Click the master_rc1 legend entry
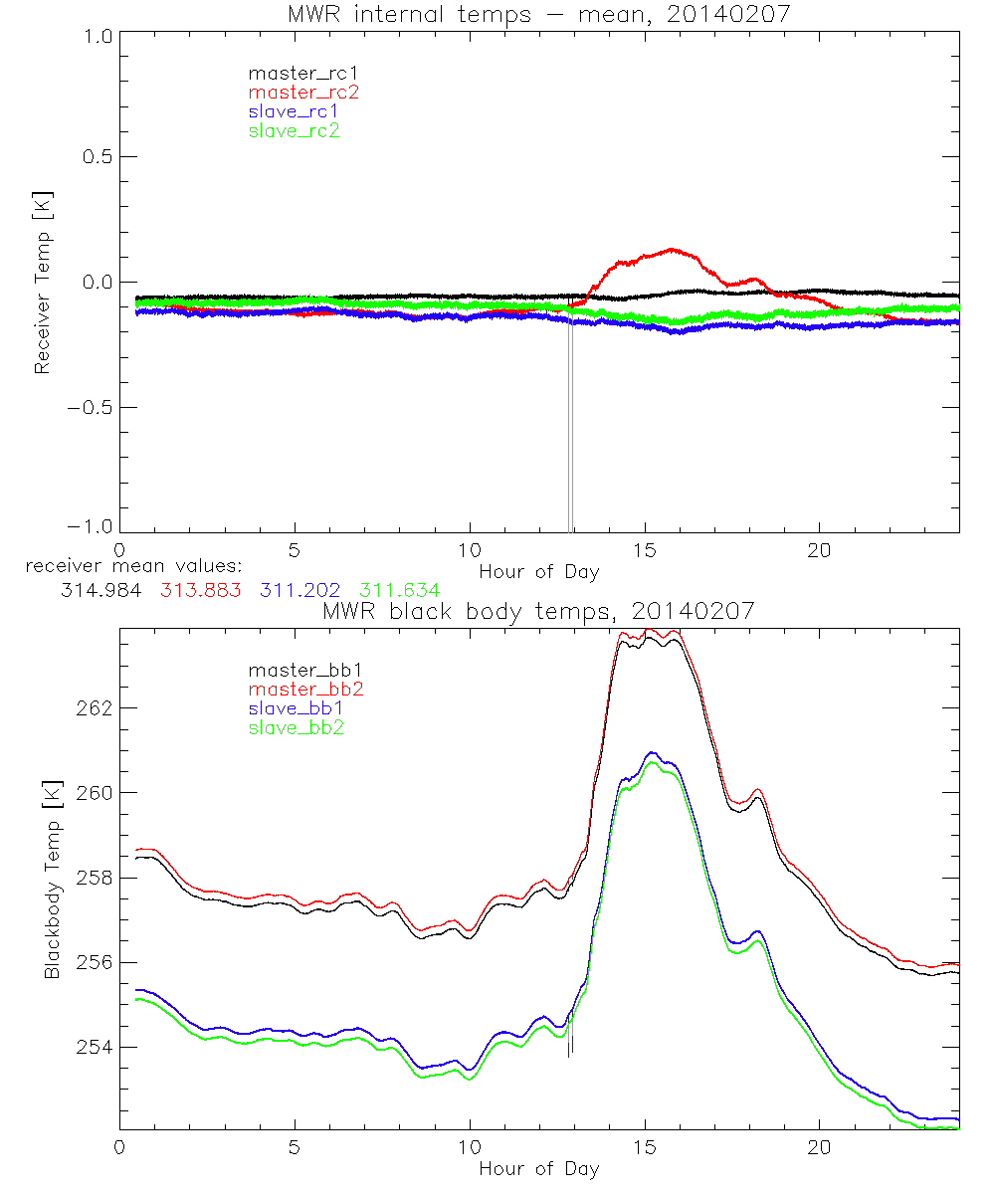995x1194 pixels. (x=294, y=73)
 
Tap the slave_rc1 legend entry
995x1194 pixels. (x=294, y=111)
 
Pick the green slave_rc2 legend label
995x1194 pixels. (x=294, y=130)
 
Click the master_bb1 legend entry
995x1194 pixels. (x=296, y=670)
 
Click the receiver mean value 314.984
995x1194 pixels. (x=99, y=590)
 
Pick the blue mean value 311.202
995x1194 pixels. (x=299, y=590)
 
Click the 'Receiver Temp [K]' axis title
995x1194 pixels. (x=42, y=282)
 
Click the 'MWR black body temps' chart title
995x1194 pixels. (x=538, y=611)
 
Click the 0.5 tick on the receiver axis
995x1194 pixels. (x=96, y=156)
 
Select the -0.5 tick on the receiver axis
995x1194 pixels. (x=92, y=407)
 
